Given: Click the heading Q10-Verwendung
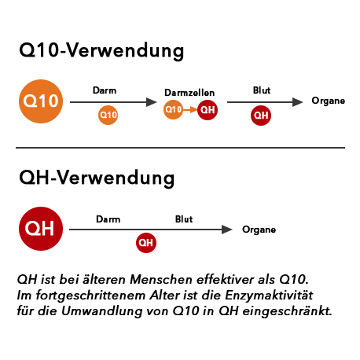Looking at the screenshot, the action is pos(101,50).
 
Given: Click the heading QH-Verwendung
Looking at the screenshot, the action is pos(97,178).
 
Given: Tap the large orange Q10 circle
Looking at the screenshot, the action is pos(41,101).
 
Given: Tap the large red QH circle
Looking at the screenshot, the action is pos(41,229).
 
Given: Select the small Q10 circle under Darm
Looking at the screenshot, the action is pos(108,115).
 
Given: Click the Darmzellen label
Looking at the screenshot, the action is pos(189,93).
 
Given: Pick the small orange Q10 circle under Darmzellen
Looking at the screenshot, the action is pos(173,109).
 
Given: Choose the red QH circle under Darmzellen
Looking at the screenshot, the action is pos(208,110).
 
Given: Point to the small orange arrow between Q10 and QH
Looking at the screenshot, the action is pos(190,109).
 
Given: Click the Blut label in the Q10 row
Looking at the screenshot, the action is pos(262,90).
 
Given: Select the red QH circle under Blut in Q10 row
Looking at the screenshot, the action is pos(261,116).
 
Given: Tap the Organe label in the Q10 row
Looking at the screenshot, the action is pos(328,101).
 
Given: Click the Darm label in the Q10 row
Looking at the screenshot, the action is pos(105,90).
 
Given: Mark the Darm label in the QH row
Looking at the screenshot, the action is pos(108,219).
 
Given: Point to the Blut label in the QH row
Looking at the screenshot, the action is pos(184,219).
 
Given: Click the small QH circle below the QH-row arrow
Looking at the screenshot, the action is pos(146,243).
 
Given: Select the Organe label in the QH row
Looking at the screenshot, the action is pos(259,230).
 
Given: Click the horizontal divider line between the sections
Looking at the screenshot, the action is pos(180,148).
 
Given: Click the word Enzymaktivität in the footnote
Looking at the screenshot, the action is pos(269,296).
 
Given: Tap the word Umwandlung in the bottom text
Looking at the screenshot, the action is pos(102,311).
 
